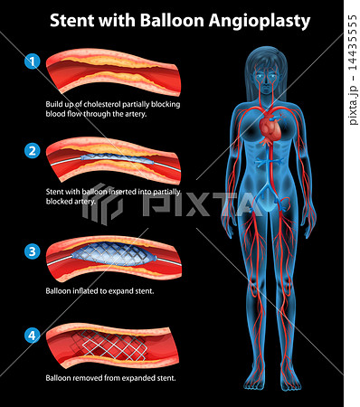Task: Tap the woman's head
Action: (x=267, y=69)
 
